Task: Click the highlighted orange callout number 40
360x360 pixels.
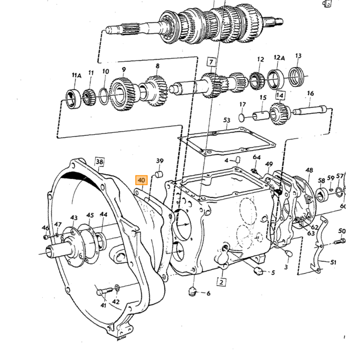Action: point(141,180)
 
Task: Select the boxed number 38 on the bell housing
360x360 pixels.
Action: point(99,162)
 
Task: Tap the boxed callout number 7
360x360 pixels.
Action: point(211,62)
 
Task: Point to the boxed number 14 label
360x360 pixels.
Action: point(280,95)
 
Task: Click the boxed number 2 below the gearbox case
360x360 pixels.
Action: point(221,282)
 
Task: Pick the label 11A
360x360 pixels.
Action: point(77,75)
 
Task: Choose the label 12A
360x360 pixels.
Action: point(279,58)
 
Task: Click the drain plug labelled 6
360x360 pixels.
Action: point(192,292)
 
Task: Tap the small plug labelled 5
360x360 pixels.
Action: point(258,271)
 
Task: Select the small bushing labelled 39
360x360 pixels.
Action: point(158,174)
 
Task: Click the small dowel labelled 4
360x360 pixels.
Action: point(238,159)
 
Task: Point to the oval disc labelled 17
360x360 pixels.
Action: point(242,118)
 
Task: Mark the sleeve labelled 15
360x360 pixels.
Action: point(261,115)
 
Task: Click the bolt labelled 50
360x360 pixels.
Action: point(339,241)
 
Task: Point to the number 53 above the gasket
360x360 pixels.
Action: point(227,120)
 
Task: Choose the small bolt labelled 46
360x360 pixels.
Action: point(46,237)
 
